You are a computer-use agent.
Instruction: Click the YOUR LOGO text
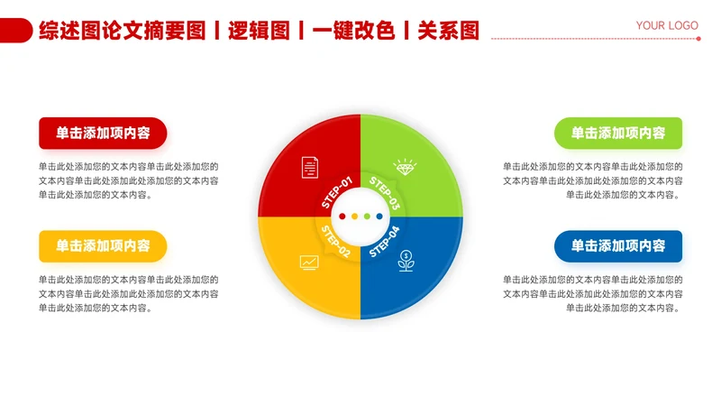point(667,25)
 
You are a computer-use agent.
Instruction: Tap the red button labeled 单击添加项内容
point(103,133)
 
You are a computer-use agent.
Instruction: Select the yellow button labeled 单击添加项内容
point(103,245)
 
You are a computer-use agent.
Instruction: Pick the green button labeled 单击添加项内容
point(618,133)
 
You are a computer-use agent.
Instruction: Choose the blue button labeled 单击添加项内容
point(618,245)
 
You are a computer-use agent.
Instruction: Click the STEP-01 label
point(337,191)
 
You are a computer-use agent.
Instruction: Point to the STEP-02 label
point(335,241)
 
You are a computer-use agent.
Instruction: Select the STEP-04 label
point(384,240)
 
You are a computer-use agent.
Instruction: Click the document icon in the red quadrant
point(309,166)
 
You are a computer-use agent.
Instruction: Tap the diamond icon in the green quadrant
point(406,167)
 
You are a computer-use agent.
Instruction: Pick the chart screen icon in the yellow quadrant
point(309,263)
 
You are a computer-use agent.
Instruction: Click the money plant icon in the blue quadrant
point(406,263)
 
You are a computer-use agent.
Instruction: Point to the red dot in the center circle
point(342,217)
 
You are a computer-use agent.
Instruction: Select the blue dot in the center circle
point(379,217)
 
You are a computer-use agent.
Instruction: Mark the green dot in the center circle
point(367,217)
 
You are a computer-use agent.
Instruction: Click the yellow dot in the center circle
point(354,217)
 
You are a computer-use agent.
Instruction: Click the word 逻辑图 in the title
point(259,31)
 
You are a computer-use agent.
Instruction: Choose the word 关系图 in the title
point(448,31)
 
